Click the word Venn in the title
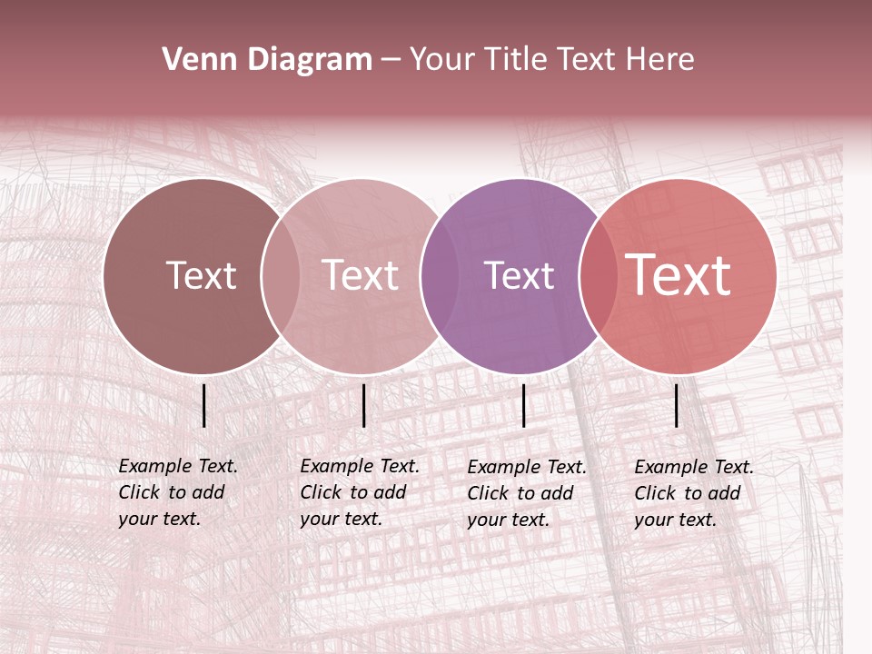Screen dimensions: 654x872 point(193,60)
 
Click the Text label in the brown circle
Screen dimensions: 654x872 point(201,275)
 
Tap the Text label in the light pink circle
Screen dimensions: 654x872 point(361,275)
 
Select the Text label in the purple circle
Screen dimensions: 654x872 point(519,275)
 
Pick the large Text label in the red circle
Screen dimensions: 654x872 point(679,275)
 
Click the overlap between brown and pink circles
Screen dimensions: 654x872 point(281,276)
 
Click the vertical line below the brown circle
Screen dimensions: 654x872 point(204,405)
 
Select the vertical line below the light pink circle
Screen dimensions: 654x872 point(363,405)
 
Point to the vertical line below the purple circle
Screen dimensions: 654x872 point(524,405)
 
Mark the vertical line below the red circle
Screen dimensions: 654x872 point(677,405)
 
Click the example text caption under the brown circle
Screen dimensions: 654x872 point(177,492)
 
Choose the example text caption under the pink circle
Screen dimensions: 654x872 point(359,492)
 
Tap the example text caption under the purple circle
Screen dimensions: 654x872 point(526,493)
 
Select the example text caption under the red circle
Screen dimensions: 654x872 point(693,493)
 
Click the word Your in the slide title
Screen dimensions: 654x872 point(441,60)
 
